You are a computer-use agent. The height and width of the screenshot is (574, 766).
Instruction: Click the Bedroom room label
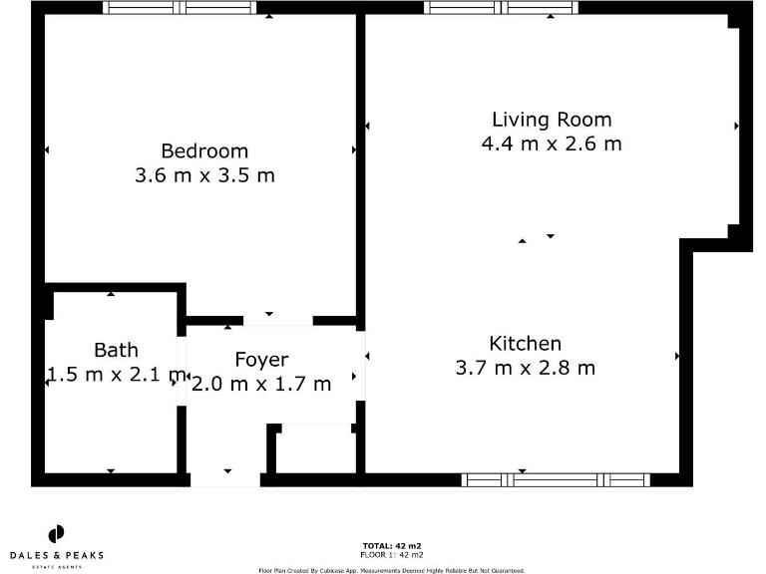coord(204,151)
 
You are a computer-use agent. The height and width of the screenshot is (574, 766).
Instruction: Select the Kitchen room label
coord(525,344)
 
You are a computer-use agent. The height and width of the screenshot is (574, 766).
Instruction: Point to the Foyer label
coord(261,360)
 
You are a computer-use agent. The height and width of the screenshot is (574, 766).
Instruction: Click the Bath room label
coord(116,350)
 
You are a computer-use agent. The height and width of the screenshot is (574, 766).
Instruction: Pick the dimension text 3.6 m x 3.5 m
coord(204,176)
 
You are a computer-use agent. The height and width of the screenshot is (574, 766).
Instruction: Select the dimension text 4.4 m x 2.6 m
coord(552,143)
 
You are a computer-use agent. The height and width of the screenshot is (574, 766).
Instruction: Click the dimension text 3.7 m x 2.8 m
coord(525,368)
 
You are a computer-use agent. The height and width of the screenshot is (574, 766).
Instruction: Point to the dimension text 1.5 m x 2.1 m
coord(116,375)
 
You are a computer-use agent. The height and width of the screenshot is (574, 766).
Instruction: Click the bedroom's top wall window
coord(180,8)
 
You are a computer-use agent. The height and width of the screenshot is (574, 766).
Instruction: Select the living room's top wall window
coord(501,8)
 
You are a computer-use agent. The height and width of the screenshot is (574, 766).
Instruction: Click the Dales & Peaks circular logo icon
coord(57,533)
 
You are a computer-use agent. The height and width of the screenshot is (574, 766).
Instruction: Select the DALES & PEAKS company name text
coord(57,555)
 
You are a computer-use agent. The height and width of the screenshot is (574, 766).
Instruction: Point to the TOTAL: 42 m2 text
coord(391,546)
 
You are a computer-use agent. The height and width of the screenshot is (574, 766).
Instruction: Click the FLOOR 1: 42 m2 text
coord(391,554)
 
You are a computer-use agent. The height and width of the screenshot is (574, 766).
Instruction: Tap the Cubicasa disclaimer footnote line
coord(391,570)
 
